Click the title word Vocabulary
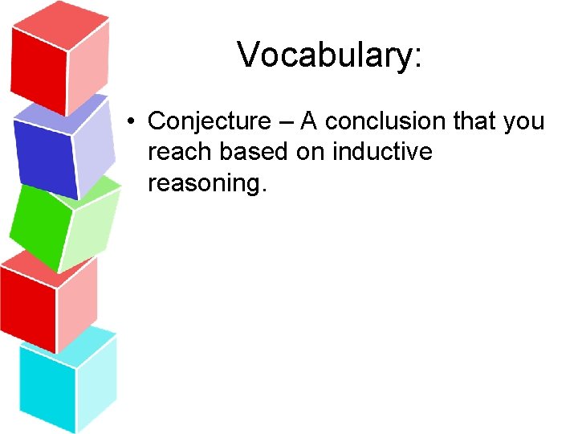[x=324, y=55]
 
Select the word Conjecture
[x=210, y=121]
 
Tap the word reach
[x=177, y=152]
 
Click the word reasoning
[x=206, y=184]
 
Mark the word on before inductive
[x=309, y=153]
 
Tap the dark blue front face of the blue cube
[x=44, y=161]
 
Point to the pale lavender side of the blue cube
[x=94, y=145]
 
